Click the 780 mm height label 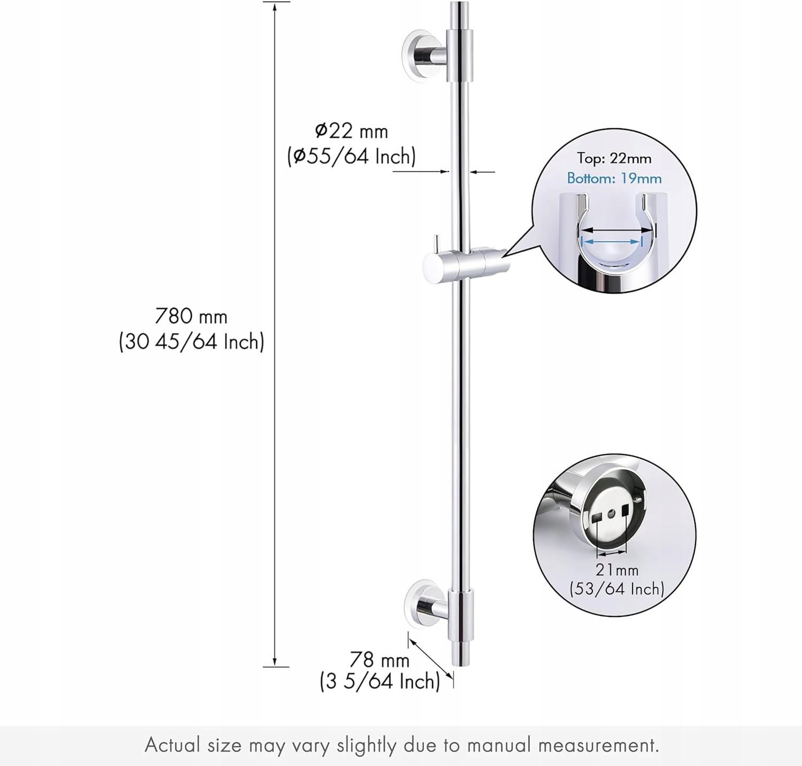(191, 316)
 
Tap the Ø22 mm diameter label (351, 131)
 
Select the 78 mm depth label (379, 660)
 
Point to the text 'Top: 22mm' (614, 158)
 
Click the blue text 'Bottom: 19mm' (614, 178)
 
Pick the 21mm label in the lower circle (617, 570)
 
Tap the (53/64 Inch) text (616, 589)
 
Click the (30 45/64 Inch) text (191, 342)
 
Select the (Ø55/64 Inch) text (351, 157)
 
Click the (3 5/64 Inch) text (380, 682)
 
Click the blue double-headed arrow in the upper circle (611, 242)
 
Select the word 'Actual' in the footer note (173, 745)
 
